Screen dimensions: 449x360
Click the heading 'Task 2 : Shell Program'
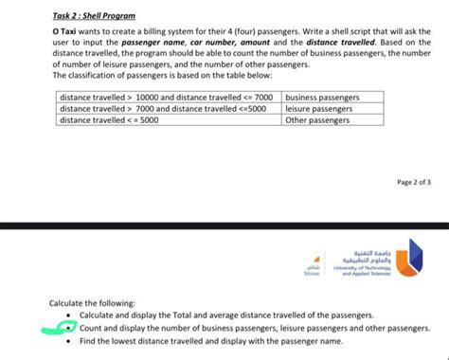tap(94, 16)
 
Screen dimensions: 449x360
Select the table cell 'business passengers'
tap(322, 97)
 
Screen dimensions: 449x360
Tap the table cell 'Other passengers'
tap(317, 120)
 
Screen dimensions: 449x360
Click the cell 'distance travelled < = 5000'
tap(109, 120)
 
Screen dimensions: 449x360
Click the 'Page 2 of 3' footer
tap(413, 181)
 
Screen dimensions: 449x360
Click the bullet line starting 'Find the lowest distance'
tap(210, 339)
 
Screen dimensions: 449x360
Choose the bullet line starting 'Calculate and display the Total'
tap(226, 315)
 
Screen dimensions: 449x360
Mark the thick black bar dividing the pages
tap(224, 226)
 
